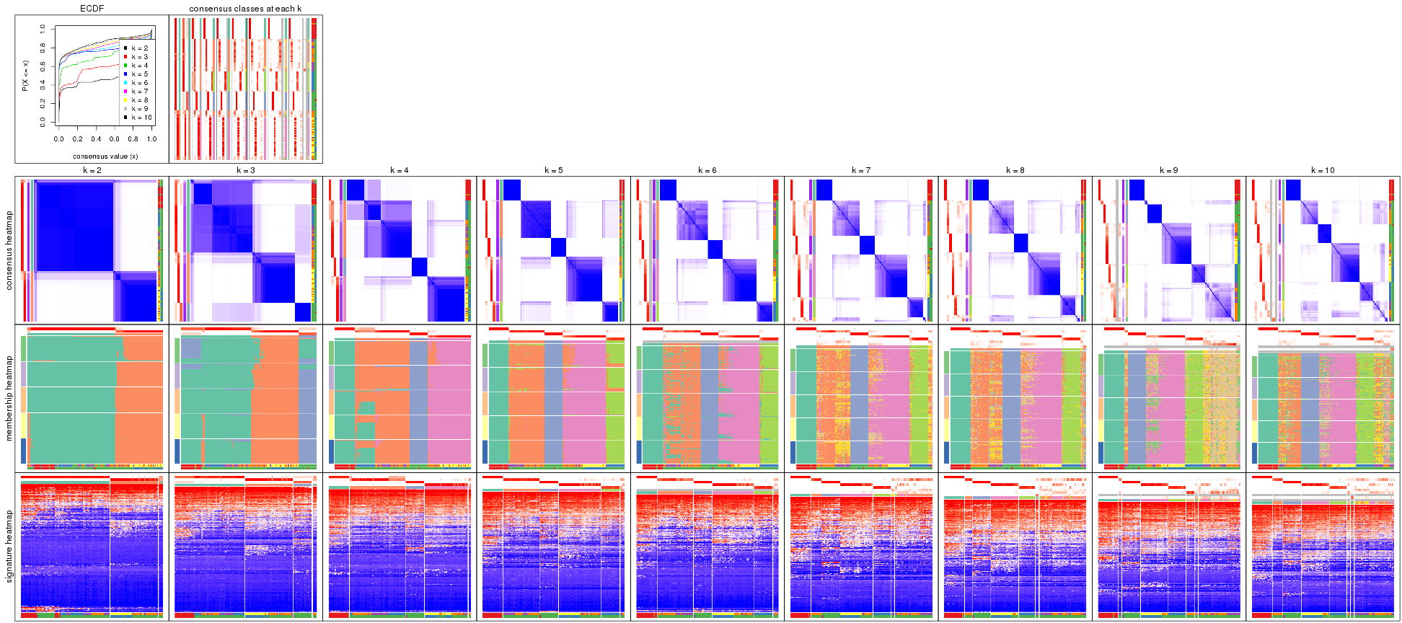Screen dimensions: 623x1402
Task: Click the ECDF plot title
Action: pos(92,9)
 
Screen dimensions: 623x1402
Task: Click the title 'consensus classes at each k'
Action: pos(245,9)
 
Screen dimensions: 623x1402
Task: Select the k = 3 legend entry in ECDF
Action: pos(139,57)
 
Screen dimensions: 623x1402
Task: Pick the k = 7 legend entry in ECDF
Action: pos(139,92)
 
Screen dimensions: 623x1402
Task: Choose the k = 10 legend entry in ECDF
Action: pos(141,118)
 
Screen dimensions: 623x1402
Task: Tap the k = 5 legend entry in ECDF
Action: pos(139,74)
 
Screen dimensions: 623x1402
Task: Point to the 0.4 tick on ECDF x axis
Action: pos(96,139)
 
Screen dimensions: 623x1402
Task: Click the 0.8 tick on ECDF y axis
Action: pos(43,48)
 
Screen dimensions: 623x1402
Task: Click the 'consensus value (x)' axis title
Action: pos(105,156)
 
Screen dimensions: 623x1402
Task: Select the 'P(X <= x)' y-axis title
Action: pos(25,76)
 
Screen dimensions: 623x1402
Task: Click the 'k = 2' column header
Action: pos(92,171)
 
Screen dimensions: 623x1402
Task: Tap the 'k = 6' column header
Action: pos(707,171)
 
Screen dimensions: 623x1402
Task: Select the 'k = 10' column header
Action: pos(1323,171)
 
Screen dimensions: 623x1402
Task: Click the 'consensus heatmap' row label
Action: pos(9,250)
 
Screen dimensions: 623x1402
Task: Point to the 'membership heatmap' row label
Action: pos(9,397)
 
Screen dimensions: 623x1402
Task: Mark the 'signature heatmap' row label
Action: pos(9,546)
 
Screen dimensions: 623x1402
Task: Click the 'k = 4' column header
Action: pos(400,171)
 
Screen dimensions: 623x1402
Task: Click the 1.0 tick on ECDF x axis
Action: pos(152,139)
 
